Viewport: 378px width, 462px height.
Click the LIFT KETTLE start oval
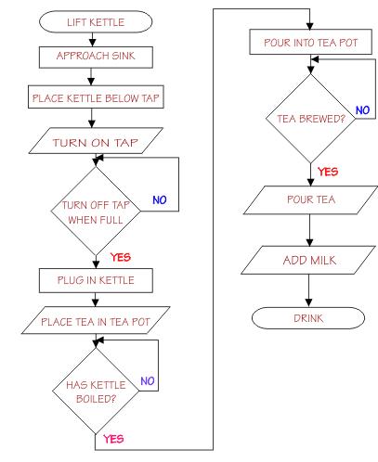pos(90,20)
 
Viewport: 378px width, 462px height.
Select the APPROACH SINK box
pos(90,55)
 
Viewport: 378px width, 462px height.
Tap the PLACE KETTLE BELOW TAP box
pos(90,96)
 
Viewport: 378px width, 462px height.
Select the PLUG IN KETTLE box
pos(90,278)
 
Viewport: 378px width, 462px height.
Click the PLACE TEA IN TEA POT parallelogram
pos(90,320)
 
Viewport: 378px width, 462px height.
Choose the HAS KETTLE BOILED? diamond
pos(90,391)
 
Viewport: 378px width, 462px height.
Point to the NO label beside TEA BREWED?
pos(362,109)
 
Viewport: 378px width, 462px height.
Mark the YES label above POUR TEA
pos(327,172)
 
